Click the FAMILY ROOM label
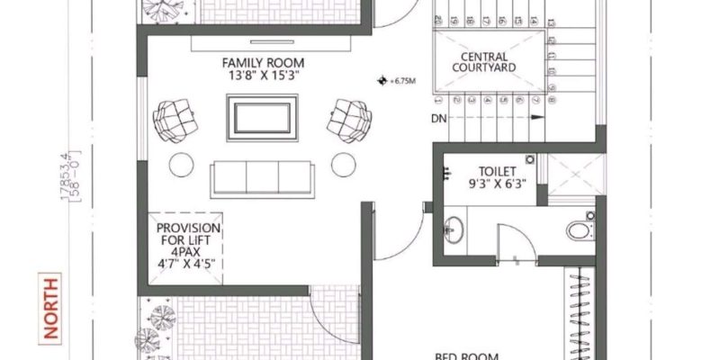pos(264,63)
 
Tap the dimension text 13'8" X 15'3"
pos(264,76)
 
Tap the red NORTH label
pos(50,309)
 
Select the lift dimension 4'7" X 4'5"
pos(189,265)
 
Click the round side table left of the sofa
pos(182,166)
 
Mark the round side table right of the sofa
pos(343,166)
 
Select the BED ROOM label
pos(470,355)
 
